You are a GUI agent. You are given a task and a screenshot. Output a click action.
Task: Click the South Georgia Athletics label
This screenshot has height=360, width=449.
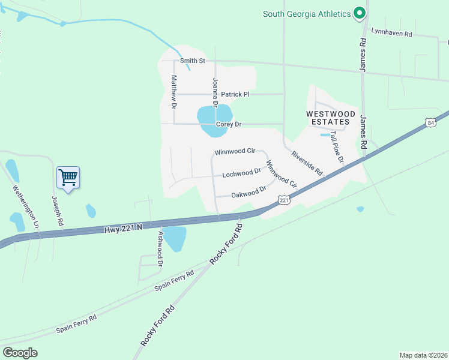[306, 14]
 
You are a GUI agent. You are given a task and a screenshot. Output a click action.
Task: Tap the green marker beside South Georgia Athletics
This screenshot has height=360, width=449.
[360, 13]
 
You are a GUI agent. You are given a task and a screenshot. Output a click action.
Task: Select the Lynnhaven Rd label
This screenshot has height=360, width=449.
[391, 33]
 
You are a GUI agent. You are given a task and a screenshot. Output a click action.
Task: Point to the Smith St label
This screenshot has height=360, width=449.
[193, 61]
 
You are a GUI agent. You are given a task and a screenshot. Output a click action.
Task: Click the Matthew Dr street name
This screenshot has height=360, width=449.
[174, 92]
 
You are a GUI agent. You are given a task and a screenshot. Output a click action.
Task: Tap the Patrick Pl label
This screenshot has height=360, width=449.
[235, 94]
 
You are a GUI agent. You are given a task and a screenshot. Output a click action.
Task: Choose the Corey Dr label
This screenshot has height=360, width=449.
[228, 124]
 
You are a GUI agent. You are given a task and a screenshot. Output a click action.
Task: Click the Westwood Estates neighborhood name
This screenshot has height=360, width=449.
[331, 118]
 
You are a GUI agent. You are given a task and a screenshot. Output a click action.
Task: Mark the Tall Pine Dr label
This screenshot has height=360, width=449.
[337, 149]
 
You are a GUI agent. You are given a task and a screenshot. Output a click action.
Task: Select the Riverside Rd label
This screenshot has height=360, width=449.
[307, 163]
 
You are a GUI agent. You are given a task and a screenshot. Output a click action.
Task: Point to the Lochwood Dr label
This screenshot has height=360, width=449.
[241, 173]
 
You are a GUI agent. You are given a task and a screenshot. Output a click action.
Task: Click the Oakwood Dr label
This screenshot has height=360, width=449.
[249, 193]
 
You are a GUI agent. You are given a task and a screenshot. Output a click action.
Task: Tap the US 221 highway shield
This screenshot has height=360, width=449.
[284, 199]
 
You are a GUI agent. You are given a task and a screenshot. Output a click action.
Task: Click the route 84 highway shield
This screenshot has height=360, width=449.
[431, 122]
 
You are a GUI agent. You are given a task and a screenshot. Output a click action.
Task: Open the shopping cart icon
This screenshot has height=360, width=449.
[68, 177]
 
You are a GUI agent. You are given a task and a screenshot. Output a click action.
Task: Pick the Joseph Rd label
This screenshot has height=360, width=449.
[58, 211]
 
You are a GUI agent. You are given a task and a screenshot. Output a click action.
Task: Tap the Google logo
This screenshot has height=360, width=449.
[20, 352]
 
